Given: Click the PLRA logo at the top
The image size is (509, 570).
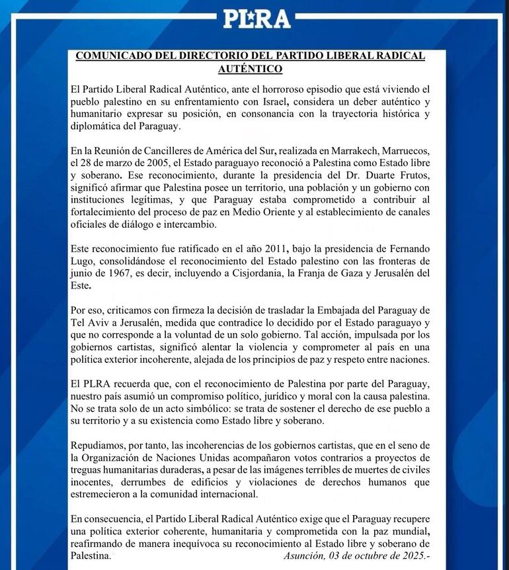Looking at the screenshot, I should coord(256,18).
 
